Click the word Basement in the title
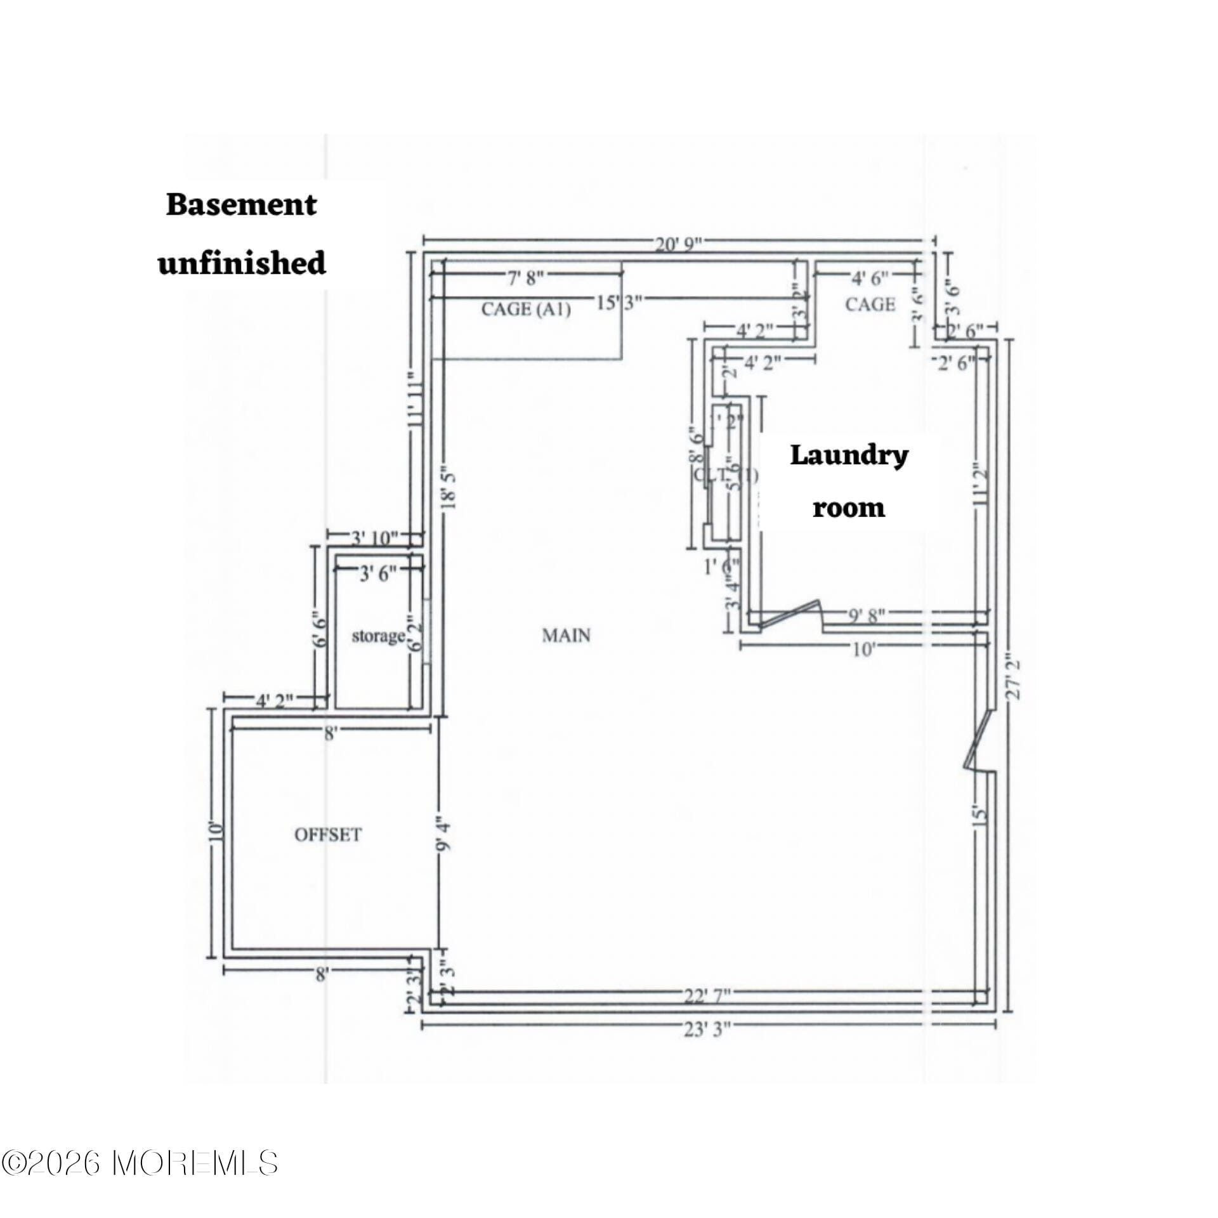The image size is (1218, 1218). (x=241, y=206)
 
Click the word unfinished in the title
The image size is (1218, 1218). (x=242, y=263)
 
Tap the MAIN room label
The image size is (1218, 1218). (x=566, y=635)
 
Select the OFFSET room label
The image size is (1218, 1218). (x=328, y=835)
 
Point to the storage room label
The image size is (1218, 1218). (x=378, y=636)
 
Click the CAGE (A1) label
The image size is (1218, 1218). (x=526, y=310)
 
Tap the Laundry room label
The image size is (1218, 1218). (x=849, y=481)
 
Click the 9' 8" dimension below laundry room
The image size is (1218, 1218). (x=866, y=615)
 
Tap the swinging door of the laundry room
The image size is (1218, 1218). (x=790, y=614)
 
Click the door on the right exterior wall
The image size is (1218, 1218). (x=978, y=740)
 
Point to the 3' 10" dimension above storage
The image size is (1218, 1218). (x=374, y=539)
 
